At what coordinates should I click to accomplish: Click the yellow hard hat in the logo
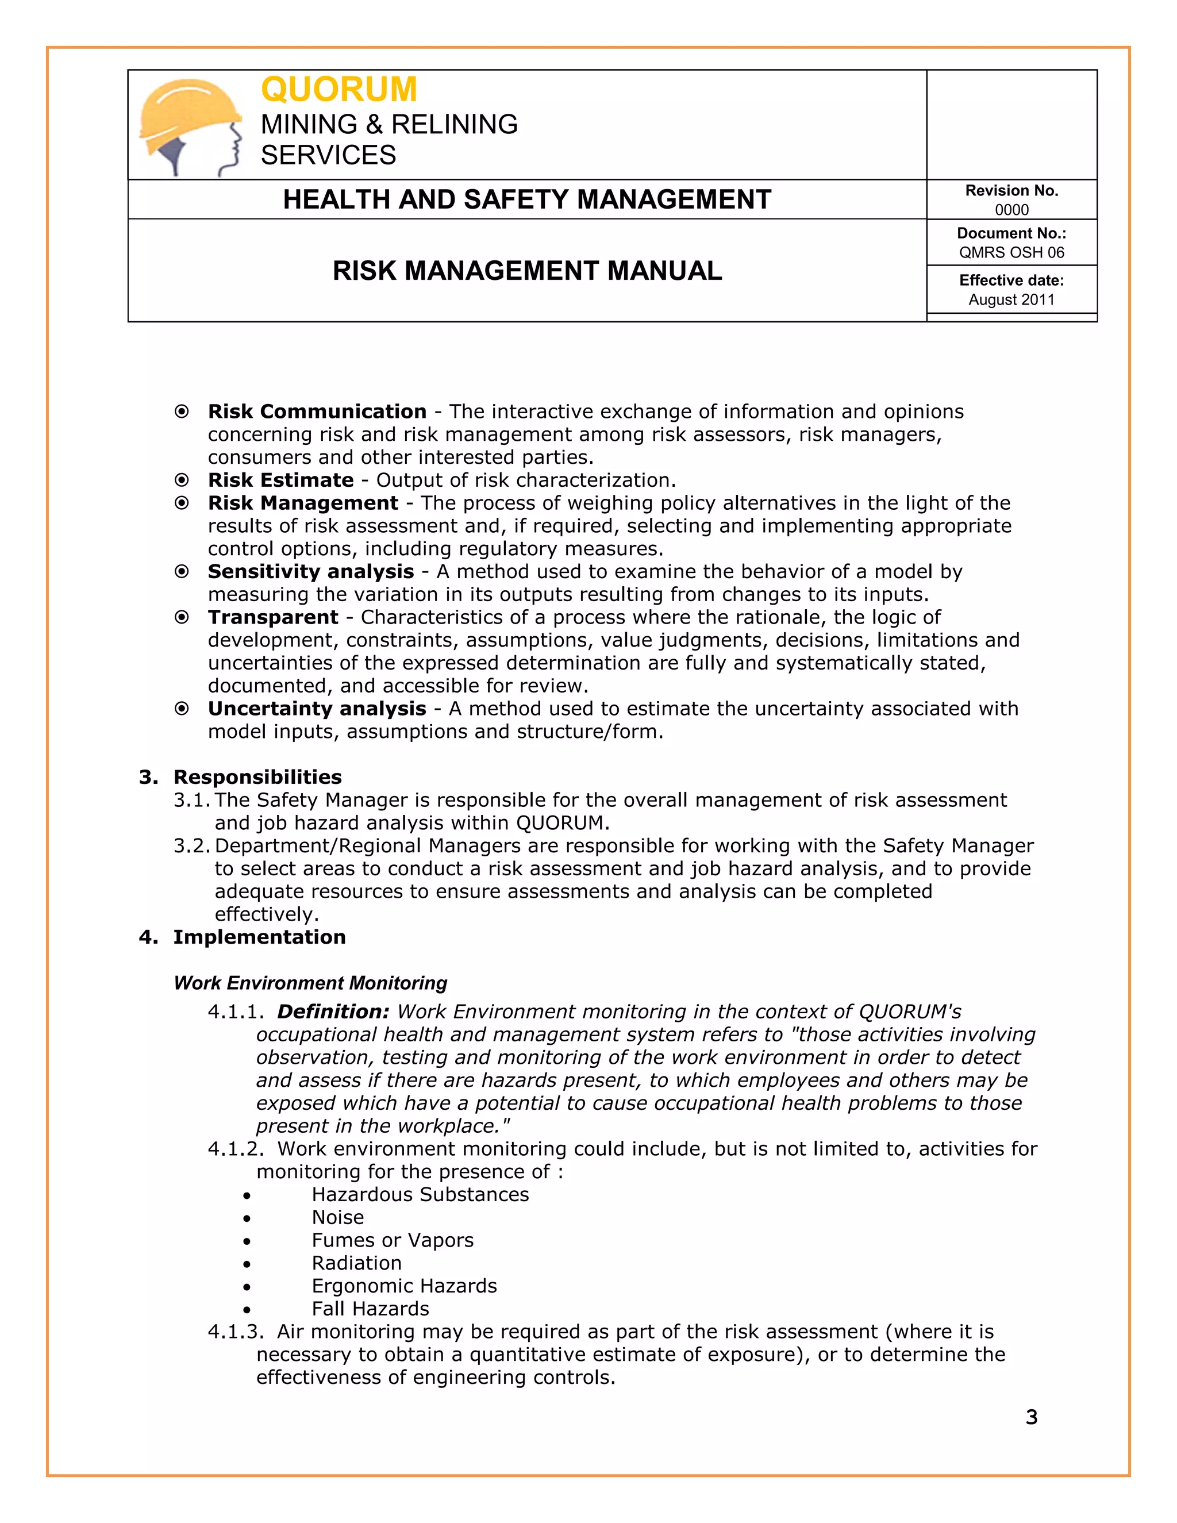pyautogui.click(x=187, y=110)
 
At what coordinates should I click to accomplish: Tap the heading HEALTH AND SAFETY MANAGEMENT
pyautogui.click(x=526, y=199)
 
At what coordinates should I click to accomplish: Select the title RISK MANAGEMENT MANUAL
pyautogui.click(x=526, y=271)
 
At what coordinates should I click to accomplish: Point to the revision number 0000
pyautogui.click(x=1011, y=210)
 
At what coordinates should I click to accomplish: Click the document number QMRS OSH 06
pyautogui.click(x=1011, y=252)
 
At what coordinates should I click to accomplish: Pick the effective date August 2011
pyautogui.click(x=1011, y=300)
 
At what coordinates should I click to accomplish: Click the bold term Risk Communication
pyautogui.click(x=317, y=411)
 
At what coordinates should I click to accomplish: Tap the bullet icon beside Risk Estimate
pyautogui.click(x=181, y=480)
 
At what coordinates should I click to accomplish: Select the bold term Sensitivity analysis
pyautogui.click(x=310, y=572)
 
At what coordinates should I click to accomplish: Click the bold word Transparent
pyautogui.click(x=272, y=617)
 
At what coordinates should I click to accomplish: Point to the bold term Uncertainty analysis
pyautogui.click(x=317, y=709)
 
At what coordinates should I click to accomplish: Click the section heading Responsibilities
pyautogui.click(x=257, y=777)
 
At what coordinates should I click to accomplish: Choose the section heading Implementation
pyautogui.click(x=259, y=937)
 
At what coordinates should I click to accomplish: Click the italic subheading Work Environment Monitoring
pyautogui.click(x=310, y=983)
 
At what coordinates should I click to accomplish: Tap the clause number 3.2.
pyautogui.click(x=191, y=846)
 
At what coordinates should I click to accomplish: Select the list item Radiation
pyautogui.click(x=356, y=1263)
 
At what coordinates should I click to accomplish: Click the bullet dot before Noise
pyautogui.click(x=247, y=1218)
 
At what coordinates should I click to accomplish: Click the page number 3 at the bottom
pyautogui.click(x=1031, y=1417)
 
